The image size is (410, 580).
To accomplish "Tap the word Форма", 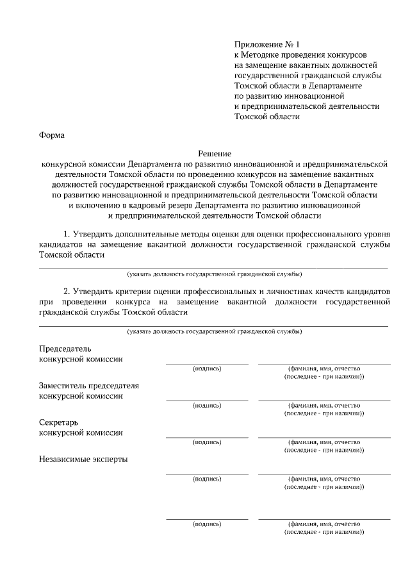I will tap(52, 135).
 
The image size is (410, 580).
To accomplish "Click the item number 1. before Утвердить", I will tap(67, 232).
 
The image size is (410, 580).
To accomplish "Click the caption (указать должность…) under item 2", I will tap(214, 331).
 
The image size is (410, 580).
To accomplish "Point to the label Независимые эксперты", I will tap(83, 460).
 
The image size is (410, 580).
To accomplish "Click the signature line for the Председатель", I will tap(207, 363).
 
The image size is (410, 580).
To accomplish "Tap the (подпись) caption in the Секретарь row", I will tap(207, 442).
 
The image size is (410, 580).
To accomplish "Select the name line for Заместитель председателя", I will tap(324, 400).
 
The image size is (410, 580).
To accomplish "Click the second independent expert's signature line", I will tap(207, 518).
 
